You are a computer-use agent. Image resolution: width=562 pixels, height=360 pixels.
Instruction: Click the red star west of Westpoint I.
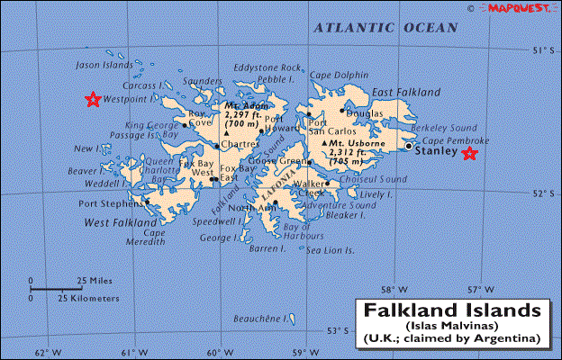(92, 99)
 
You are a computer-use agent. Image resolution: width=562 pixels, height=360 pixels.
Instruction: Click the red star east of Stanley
(469, 154)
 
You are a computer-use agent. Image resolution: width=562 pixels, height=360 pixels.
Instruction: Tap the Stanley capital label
(436, 151)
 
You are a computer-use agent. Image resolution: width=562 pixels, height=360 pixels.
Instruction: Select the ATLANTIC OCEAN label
(385, 29)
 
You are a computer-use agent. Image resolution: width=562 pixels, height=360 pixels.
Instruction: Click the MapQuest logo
(520, 7)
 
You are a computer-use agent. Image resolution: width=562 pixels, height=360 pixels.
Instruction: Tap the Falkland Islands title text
(452, 310)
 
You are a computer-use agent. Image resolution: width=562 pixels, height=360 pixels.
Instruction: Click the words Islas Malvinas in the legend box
(452, 324)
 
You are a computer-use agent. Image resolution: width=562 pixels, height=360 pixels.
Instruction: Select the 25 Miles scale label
(94, 280)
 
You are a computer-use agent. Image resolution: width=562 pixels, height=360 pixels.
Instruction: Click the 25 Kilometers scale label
(88, 297)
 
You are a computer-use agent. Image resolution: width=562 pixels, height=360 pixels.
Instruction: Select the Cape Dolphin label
(340, 75)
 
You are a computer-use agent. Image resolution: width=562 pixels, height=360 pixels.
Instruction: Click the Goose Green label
(273, 161)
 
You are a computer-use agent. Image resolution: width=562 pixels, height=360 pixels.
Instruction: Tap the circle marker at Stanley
(409, 146)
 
